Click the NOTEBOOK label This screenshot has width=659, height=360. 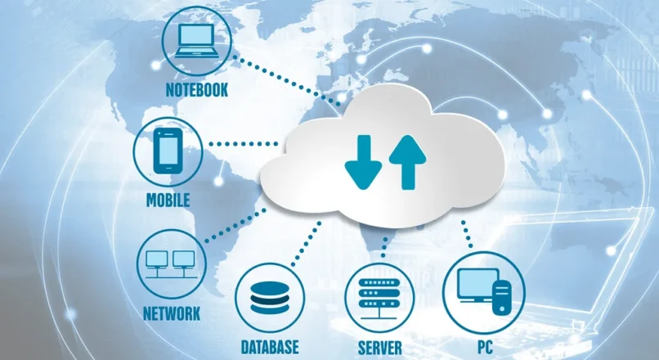[197, 90]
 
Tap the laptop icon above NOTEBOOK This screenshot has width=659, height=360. [197, 41]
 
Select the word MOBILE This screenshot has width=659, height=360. [168, 200]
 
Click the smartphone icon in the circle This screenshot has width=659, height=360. [168, 151]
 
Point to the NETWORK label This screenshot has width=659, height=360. [172, 313]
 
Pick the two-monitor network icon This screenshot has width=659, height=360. [171, 264]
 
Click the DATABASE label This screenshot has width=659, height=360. [270, 347]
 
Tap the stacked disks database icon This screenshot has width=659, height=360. [270, 298]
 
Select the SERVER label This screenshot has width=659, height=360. [380, 348]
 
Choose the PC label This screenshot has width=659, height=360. [485, 348]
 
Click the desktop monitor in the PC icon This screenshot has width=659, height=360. [477, 286]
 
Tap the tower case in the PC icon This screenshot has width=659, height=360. [502, 297]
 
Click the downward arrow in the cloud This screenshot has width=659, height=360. [364, 162]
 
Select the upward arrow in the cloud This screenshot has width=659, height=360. [408, 162]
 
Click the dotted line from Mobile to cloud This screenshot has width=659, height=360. [244, 144]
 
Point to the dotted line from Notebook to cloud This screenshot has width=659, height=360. [288, 80]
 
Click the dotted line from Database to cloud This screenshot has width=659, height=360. [306, 245]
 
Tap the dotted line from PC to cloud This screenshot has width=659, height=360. [467, 234]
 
